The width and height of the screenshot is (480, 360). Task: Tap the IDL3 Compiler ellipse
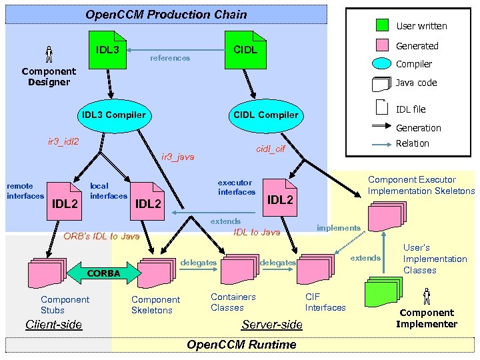pyautogui.click(x=113, y=115)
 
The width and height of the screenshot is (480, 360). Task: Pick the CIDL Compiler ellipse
pyautogui.click(x=265, y=115)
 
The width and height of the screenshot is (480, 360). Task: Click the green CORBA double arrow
pyautogui.click(x=103, y=273)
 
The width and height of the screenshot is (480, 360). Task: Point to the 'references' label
pyautogui.click(x=170, y=58)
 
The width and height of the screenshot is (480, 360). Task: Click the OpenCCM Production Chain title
pyautogui.click(x=166, y=15)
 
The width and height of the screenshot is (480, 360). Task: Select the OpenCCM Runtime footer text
pyautogui.click(x=241, y=345)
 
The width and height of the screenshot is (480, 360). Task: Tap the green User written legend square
pyautogui.click(x=382, y=25)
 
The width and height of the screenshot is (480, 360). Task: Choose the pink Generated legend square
pyautogui.click(x=382, y=45)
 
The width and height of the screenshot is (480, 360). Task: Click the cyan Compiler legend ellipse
pyautogui.click(x=381, y=64)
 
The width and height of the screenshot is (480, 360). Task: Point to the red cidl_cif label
pyautogui.click(x=271, y=149)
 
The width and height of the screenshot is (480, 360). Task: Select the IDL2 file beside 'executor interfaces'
pyautogui.click(x=279, y=197)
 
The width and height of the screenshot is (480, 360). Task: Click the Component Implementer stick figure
pyautogui.click(x=427, y=295)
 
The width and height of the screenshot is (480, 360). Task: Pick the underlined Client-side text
pyautogui.click(x=53, y=325)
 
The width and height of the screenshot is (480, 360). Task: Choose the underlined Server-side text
pyautogui.click(x=271, y=325)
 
